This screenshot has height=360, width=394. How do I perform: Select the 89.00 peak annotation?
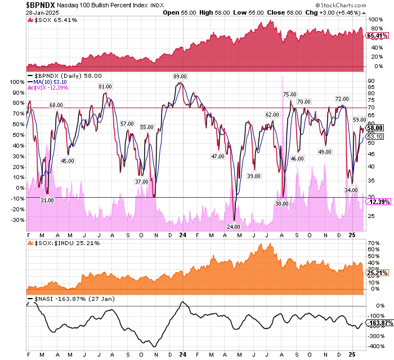point(180,76)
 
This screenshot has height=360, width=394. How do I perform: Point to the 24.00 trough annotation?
point(234,226)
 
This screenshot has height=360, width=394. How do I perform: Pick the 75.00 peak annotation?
point(290,95)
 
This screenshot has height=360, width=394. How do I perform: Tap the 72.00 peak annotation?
point(342,99)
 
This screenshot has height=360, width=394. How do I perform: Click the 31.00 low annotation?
point(47,201)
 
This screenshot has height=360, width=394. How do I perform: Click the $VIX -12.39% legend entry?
point(48,88)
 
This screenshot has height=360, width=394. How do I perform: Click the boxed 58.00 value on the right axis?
point(375,128)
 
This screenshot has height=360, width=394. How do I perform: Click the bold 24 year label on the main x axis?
point(182,234)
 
